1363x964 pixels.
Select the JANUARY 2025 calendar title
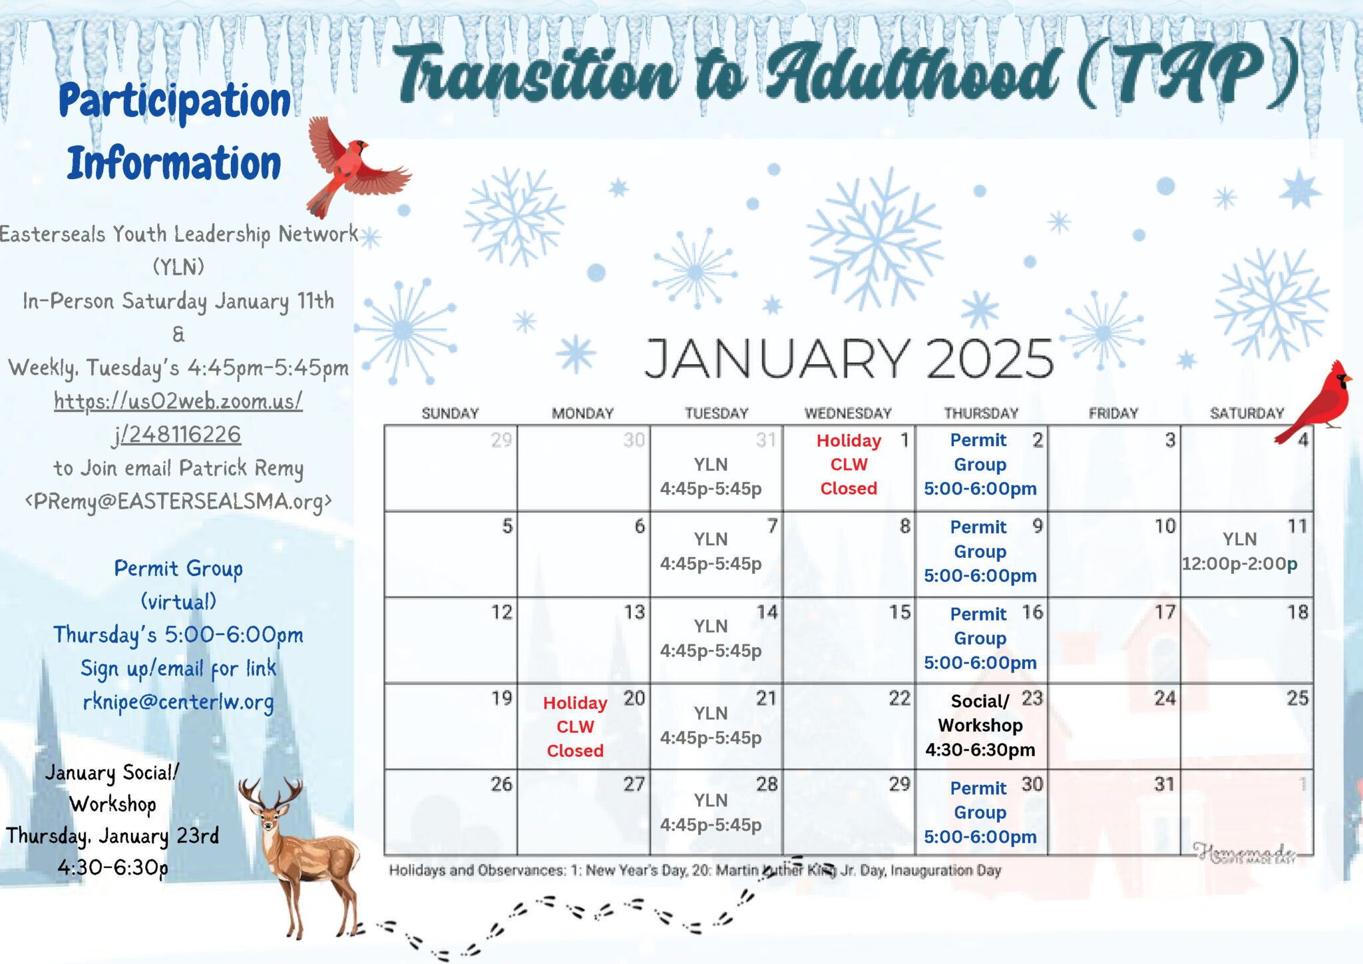pyautogui.click(x=849, y=358)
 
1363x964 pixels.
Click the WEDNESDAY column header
pyautogui.click(x=848, y=413)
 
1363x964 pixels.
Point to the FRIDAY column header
pyautogui.click(x=1113, y=413)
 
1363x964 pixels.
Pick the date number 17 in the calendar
pyautogui.click(x=1165, y=612)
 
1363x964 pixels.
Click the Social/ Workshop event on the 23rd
pyautogui.click(x=980, y=726)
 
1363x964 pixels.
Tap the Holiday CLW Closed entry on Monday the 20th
pyautogui.click(x=575, y=726)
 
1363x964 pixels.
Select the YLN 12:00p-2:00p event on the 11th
pyautogui.click(x=1239, y=551)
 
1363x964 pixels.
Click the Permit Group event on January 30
pyautogui.click(x=980, y=812)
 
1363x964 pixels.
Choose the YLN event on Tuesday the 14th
pyautogui.click(x=711, y=638)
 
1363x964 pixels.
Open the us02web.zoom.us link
pyautogui.click(x=178, y=417)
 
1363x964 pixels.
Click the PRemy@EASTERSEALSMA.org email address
pyautogui.click(x=178, y=501)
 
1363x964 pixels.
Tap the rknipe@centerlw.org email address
pyautogui.click(x=178, y=702)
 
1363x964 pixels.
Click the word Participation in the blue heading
pyautogui.click(x=174, y=101)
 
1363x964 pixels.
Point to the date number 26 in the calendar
pyautogui.click(x=501, y=784)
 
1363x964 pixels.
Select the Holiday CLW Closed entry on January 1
pyautogui.click(x=849, y=464)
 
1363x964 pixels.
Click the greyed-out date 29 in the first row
pyautogui.click(x=501, y=440)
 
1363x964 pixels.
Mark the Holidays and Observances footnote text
pyautogui.click(x=695, y=870)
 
